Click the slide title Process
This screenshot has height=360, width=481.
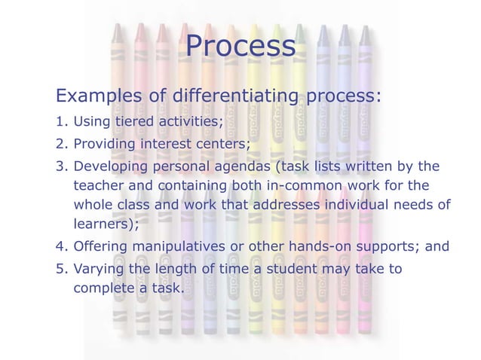(240, 47)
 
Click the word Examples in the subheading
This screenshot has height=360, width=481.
(97, 97)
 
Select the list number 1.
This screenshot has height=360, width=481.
(60, 124)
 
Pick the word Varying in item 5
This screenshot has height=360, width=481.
(99, 269)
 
